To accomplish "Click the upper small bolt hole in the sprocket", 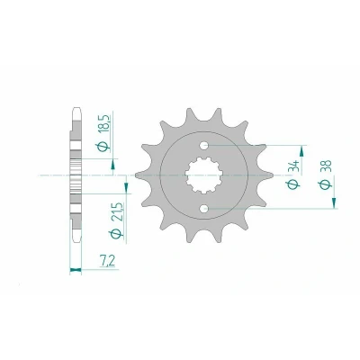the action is (204, 146).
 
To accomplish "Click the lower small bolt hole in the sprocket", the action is (204, 208).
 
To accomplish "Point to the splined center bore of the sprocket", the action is (204, 175).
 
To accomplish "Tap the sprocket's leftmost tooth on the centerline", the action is (140, 175).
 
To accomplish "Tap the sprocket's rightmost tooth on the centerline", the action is (267, 175).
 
